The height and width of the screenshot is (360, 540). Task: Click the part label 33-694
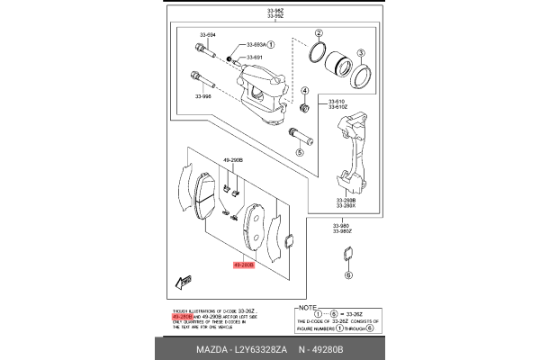[x=206, y=35]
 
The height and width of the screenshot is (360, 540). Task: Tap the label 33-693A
[x=256, y=44]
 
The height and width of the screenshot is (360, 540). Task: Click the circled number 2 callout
[x=319, y=33]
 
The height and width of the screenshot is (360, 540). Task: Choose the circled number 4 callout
[x=304, y=92]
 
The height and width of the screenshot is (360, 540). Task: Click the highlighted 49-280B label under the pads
[x=244, y=265]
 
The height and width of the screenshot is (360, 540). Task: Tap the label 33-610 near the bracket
[x=337, y=101]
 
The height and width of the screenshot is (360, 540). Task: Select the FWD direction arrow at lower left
[x=187, y=282]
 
